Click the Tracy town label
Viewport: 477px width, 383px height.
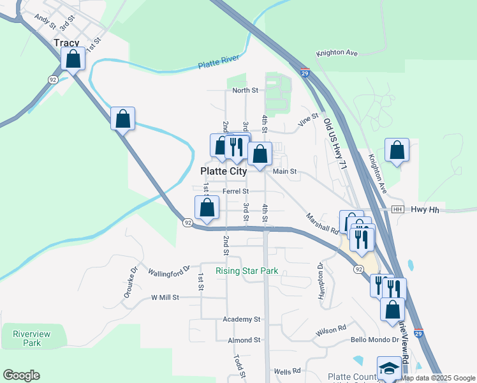point(67,43)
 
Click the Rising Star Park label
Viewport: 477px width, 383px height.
point(247,271)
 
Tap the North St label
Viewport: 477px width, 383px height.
point(245,91)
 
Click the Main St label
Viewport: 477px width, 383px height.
point(285,171)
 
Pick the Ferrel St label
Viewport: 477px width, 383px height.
point(235,191)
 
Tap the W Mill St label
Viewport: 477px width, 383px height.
point(165,297)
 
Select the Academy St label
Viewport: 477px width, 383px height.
point(242,319)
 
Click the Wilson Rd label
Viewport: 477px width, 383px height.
point(330,331)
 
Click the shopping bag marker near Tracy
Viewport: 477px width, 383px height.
point(74,59)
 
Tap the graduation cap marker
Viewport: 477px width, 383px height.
point(389,369)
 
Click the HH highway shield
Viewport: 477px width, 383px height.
point(398,209)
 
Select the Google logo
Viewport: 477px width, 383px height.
point(21,375)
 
